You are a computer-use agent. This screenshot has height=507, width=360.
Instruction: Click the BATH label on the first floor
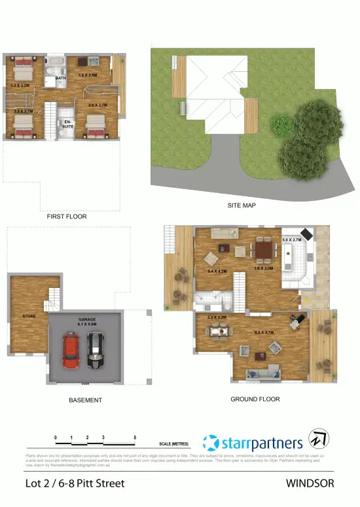pos(60,79)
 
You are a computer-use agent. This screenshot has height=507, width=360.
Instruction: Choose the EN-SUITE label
pos(66,124)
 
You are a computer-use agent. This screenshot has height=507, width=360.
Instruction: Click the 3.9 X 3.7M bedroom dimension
pos(97,105)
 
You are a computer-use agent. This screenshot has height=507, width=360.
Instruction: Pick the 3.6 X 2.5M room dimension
pos(88,75)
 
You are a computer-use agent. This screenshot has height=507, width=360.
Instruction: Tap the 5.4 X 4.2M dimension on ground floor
pos(217,271)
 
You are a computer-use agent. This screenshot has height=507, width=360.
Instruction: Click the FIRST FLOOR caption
pos(66,216)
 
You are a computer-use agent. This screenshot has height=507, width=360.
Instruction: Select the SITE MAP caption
pos(242,205)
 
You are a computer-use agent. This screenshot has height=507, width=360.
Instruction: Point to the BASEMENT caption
pos(85,400)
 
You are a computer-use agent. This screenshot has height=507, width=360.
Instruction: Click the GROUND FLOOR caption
pos(255,399)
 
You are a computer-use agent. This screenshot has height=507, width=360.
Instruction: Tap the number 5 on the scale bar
pos(135,437)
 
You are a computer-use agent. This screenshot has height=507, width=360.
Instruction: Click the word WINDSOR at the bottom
pos(310,483)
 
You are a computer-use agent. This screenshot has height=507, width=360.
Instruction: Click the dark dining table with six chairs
pos(264,249)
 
